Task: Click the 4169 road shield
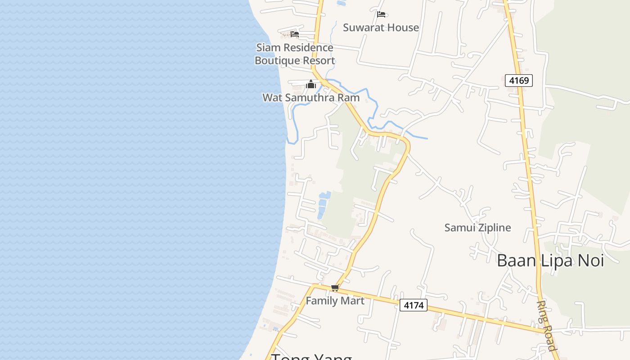[518, 81]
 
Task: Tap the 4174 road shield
[413, 305]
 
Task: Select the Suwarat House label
[381, 27]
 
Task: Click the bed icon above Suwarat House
[381, 14]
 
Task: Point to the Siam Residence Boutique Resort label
[295, 54]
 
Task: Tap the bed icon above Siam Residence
[295, 34]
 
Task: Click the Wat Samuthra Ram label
[311, 98]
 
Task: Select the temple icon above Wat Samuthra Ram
[311, 84]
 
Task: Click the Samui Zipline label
[477, 228]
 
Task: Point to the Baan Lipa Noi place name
[550, 261]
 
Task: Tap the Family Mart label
[335, 301]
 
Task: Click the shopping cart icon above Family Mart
[335, 288]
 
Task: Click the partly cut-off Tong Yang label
[311, 356]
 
